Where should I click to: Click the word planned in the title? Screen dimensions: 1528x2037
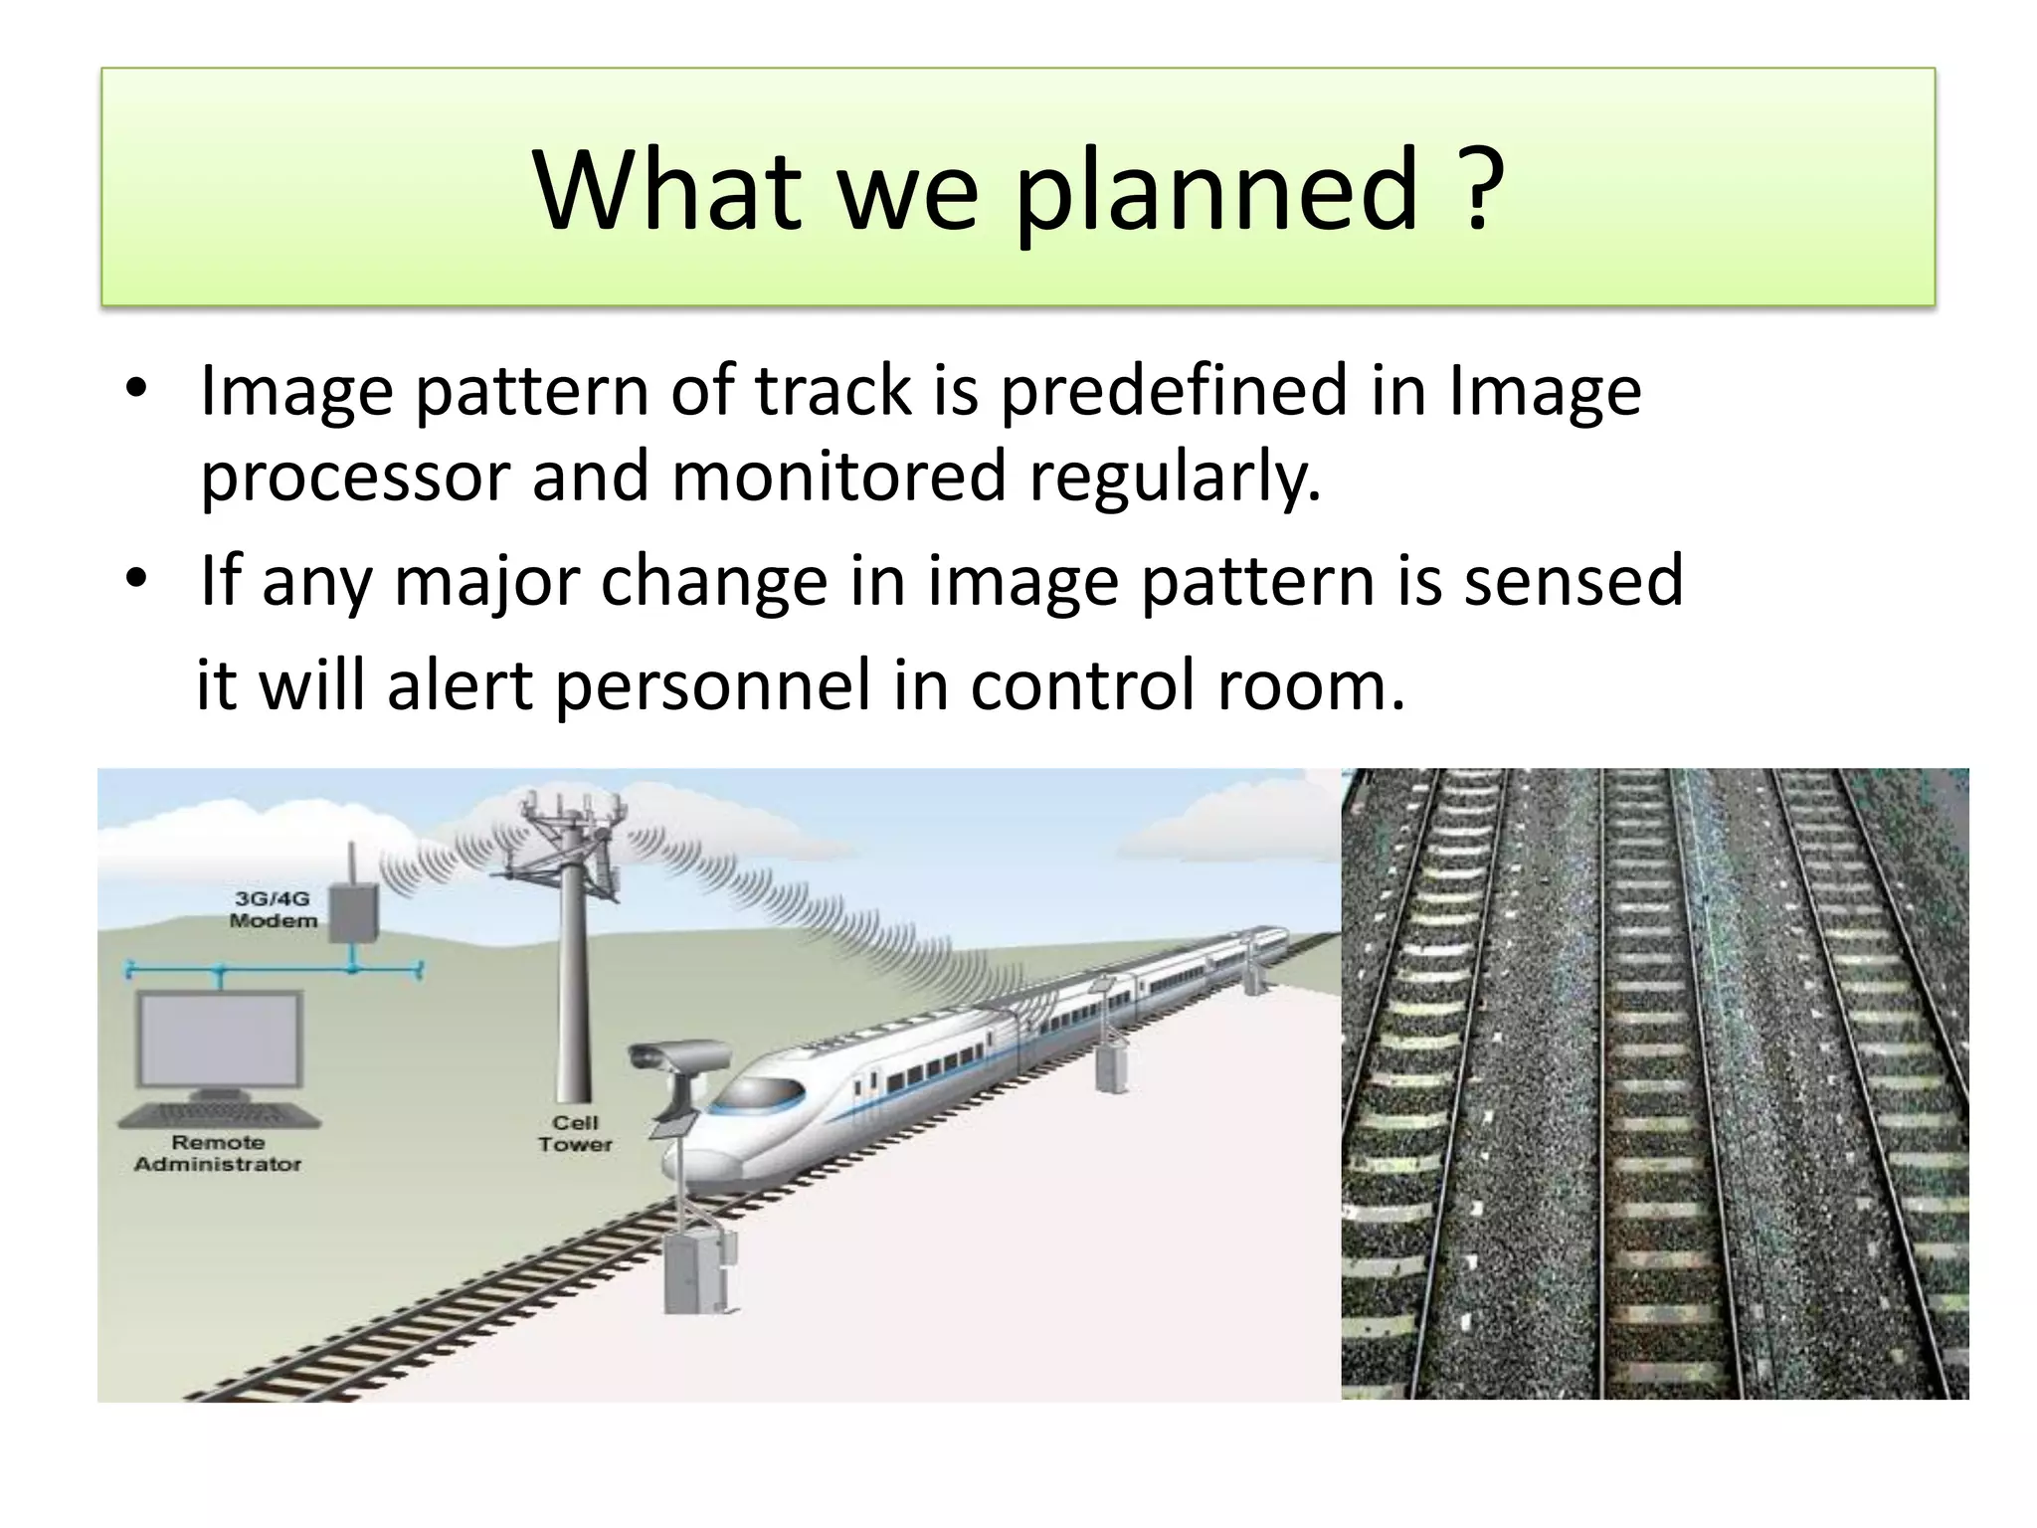(1215, 189)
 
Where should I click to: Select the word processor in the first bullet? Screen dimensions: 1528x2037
(355, 477)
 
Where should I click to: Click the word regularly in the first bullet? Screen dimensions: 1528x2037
(1174, 477)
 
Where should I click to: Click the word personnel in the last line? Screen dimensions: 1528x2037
(712, 686)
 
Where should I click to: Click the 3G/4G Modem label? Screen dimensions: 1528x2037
(273, 909)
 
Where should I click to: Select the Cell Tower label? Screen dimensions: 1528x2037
(575, 1133)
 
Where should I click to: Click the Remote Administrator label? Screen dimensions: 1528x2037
(218, 1153)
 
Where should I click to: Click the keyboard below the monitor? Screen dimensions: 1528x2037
(220, 1115)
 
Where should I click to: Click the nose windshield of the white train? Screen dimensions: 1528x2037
(756, 1094)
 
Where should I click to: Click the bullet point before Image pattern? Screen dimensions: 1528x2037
(137, 389)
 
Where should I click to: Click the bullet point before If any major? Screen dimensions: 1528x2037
(137, 579)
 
